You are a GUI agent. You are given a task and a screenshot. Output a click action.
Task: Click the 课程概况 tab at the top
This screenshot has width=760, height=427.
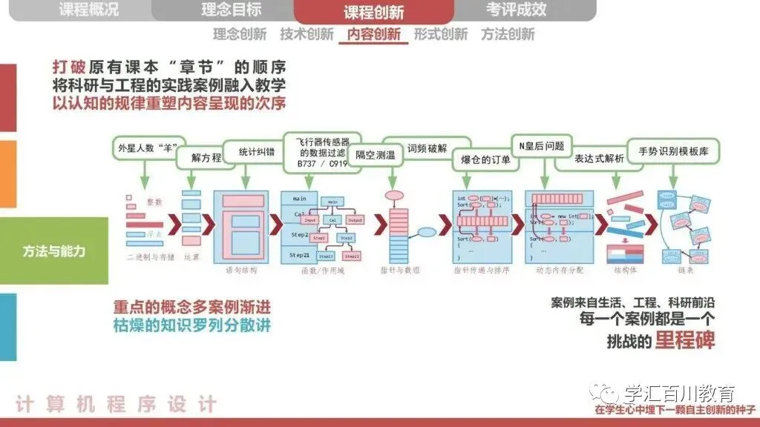pyautogui.click(x=88, y=10)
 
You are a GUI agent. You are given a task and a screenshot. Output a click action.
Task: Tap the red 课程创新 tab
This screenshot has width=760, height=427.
pyautogui.click(x=373, y=11)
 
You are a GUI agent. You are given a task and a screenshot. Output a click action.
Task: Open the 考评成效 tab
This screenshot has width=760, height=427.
pyautogui.click(x=517, y=10)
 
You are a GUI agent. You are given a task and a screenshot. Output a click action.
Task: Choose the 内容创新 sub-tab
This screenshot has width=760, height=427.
pyautogui.click(x=373, y=34)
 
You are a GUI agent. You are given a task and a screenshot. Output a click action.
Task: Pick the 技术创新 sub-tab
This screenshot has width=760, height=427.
pyautogui.click(x=307, y=34)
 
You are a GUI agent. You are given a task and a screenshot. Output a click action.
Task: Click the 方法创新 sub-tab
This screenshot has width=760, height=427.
pyautogui.click(x=508, y=34)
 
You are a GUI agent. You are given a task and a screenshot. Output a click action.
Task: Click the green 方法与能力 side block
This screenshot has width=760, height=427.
pyautogui.click(x=53, y=251)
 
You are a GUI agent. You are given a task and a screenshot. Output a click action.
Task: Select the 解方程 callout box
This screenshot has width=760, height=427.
pyautogui.click(x=206, y=157)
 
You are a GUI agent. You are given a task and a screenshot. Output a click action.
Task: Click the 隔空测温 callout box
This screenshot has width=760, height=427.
pyautogui.click(x=375, y=156)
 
